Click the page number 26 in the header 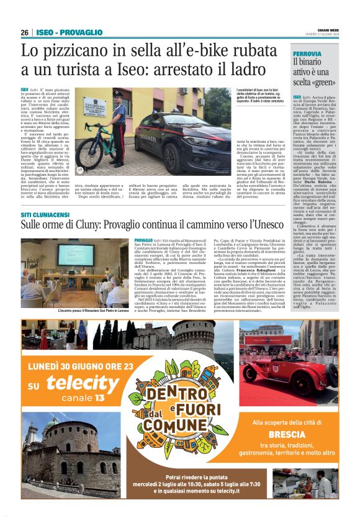pos(24,32)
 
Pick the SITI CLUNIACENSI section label pos(45,214)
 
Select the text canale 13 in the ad pos(79,398)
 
